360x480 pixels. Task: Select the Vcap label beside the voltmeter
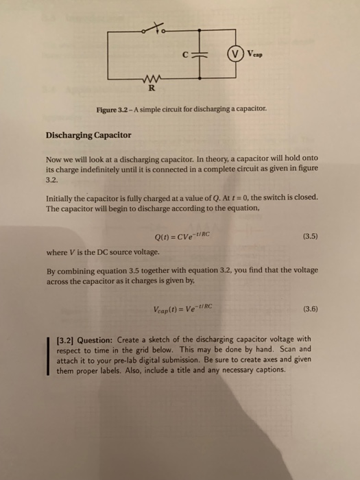(x=256, y=53)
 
